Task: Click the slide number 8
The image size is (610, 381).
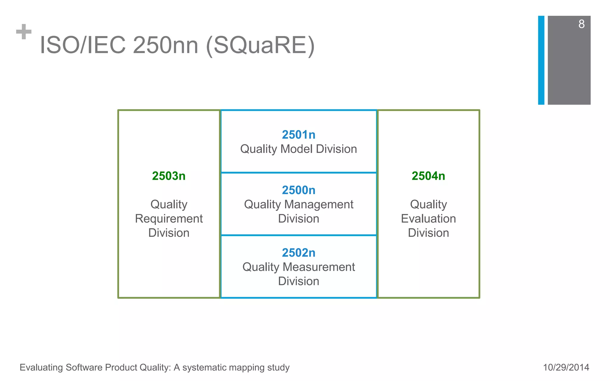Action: point(581,24)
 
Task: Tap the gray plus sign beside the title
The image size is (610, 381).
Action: point(24,32)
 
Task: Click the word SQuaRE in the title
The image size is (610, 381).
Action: point(260,45)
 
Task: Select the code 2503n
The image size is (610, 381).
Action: point(169,176)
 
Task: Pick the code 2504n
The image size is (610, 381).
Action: point(428,176)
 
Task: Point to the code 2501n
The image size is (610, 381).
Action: point(298,135)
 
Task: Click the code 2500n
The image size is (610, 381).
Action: point(298,190)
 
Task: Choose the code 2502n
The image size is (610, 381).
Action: point(298,253)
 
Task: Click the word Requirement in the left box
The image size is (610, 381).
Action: point(169,219)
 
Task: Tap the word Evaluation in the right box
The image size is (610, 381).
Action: point(428,219)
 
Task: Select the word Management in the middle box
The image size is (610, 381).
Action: point(319,204)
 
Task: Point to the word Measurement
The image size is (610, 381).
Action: point(319,267)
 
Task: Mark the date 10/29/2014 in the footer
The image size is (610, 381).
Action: point(566,367)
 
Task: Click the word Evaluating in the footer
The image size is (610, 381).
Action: point(41,367)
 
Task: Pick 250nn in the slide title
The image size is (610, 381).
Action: point(165,45)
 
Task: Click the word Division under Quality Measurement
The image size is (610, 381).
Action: point(298,281)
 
